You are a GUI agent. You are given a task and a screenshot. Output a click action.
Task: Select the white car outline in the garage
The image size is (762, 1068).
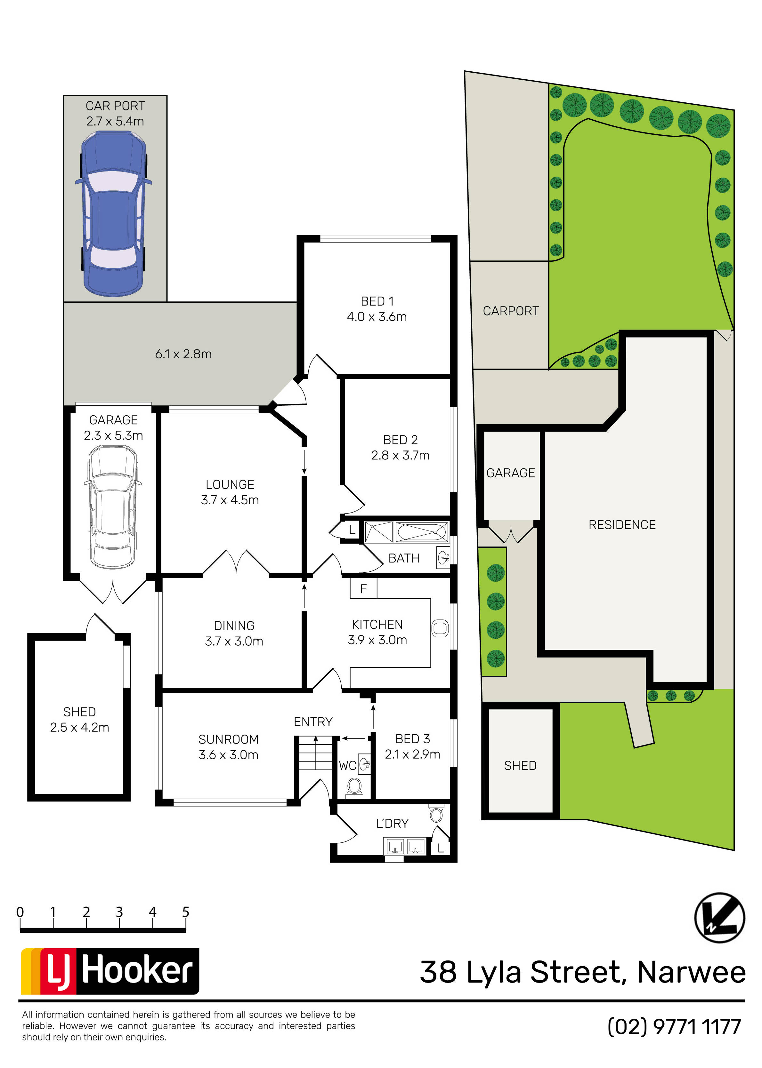113,506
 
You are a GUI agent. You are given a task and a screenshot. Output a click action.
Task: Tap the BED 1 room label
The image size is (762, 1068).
377,301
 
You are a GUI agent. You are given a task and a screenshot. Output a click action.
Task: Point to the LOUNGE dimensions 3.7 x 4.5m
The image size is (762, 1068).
230,500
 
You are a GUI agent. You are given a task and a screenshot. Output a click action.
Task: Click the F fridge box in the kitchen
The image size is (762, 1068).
363,588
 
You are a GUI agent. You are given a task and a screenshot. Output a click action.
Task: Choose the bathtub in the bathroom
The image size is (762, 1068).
422,532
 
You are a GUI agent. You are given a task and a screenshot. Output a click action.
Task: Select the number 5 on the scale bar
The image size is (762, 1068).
186,912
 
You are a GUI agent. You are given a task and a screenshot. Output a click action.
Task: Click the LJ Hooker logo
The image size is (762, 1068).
110,971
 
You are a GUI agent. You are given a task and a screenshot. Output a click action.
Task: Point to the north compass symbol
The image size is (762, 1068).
719,918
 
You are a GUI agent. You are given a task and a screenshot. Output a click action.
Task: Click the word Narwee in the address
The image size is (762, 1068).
691,972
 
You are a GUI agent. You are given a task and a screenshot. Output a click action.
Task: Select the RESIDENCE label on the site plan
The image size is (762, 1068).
622,525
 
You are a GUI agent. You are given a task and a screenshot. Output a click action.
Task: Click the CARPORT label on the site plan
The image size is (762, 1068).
511,311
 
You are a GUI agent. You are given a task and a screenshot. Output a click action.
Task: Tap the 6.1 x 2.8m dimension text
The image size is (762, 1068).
183,354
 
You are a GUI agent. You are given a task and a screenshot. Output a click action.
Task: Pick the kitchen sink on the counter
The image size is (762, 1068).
440,628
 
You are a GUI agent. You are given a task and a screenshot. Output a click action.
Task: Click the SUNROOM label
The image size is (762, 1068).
229,739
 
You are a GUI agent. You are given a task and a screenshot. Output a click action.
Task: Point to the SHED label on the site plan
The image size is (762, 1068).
520,766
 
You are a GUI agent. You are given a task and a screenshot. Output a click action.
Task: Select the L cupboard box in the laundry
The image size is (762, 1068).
440,848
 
